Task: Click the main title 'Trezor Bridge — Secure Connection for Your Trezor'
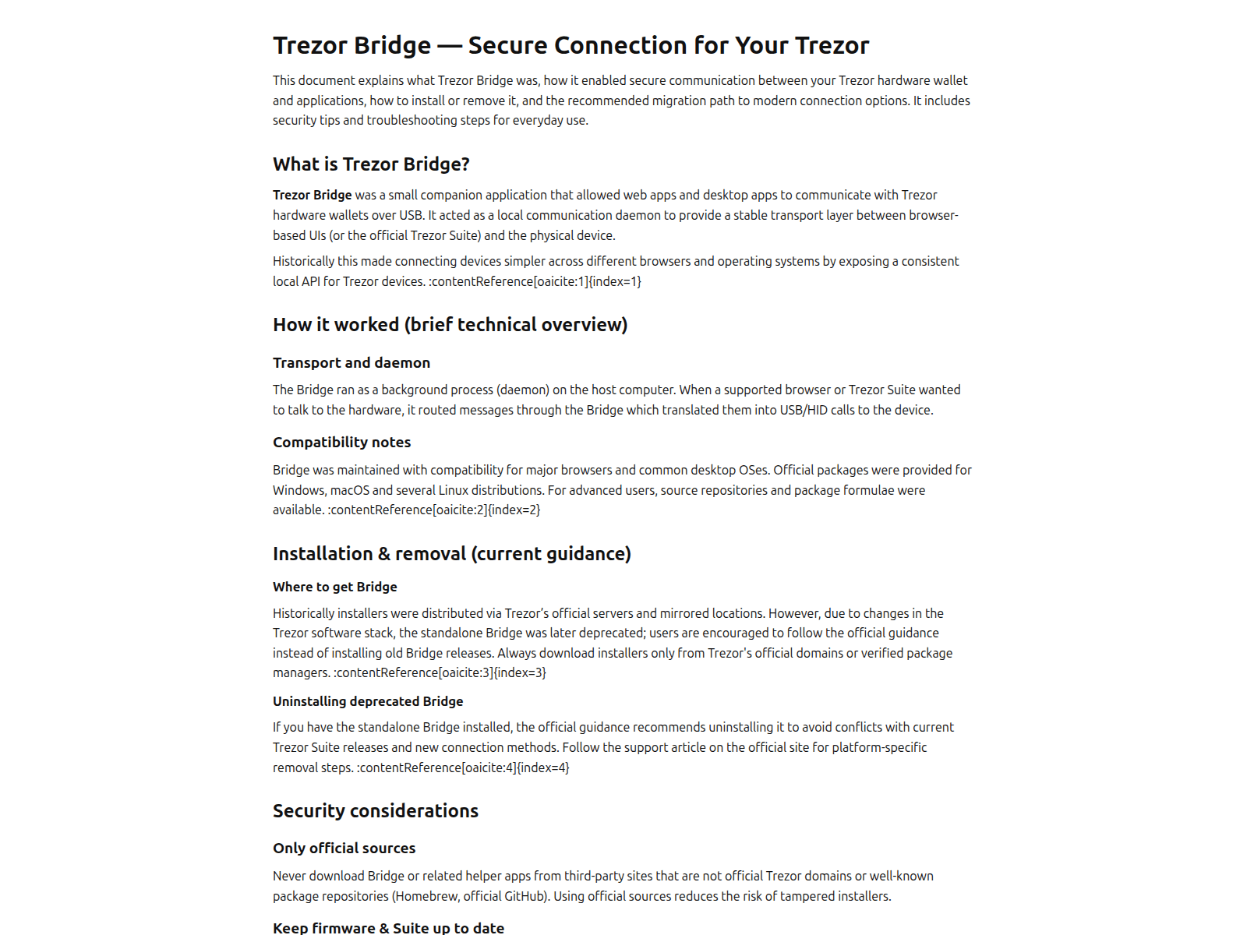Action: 571,45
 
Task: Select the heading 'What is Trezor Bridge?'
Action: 371,164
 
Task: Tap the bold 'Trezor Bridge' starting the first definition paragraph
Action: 312,195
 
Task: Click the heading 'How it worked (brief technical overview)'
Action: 450,325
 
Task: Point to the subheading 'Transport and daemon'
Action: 351,363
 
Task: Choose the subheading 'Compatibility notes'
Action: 341,443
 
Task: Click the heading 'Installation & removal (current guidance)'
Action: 451,554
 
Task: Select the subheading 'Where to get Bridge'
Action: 334,587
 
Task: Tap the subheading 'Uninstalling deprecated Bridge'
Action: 368,701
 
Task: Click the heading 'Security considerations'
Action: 375,811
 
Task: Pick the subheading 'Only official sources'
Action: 344,849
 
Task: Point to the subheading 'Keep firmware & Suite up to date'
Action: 388,927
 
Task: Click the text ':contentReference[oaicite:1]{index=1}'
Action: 535,281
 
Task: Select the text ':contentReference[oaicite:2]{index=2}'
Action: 433,510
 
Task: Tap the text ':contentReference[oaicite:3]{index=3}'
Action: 440,672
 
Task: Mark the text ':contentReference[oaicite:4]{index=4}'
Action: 463,767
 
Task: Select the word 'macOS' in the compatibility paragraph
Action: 349,490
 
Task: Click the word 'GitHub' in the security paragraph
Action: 525,896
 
